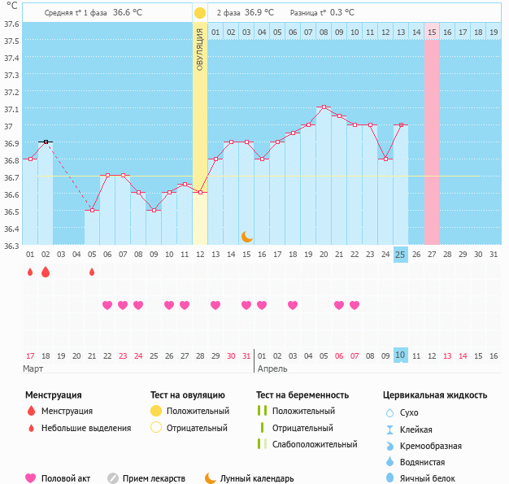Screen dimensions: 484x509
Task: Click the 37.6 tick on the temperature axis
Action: click(11, 24)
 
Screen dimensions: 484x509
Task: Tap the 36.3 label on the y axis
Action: click(11, 246)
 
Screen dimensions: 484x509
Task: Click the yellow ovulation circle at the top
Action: click(200, 13)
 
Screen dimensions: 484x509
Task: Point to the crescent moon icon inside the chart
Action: click(246, 236)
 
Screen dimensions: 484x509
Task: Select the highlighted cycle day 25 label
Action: click(400, 255)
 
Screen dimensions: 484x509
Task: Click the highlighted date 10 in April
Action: click(400, 355)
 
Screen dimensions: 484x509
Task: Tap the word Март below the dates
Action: click(33, 368)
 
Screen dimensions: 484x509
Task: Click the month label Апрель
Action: click(273, 368)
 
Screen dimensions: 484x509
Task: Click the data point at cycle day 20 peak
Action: click(324, 107)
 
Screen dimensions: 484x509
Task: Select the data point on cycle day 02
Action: click(46, 142)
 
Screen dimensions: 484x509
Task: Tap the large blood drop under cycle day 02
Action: click(46, 273)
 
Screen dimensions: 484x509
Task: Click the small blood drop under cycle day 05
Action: click(92, 273)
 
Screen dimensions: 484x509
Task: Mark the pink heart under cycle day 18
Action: click(293, 305)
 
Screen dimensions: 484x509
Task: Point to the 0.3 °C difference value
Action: click(342, 13)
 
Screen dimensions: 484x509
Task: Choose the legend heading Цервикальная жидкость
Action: click(435, 395)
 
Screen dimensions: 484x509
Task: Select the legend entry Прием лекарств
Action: click(154, 478)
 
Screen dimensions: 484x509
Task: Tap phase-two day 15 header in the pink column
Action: click(431, 32)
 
